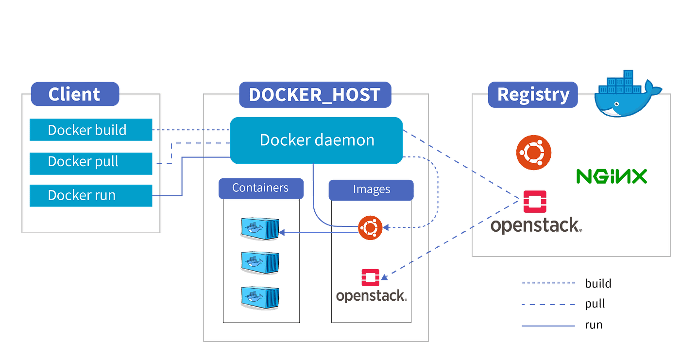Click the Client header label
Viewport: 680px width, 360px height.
coord(74,94)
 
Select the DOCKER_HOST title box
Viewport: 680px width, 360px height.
coord(314,95)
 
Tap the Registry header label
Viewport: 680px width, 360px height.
coord(533,94)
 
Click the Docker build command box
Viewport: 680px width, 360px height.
coord(91,130)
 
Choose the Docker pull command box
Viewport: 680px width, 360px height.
coord(91,162)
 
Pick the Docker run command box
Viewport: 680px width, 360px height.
coord(91,195)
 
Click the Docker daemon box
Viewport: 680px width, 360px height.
coord(316,140)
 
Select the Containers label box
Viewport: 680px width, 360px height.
coord(260,188)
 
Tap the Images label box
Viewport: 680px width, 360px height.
coord(371,190)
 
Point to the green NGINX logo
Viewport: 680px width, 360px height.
coord(611,176)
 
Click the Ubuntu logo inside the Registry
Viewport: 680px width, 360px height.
coord(533,152)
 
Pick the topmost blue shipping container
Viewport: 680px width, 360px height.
coord(260,228)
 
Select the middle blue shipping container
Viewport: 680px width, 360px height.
coord(260,261)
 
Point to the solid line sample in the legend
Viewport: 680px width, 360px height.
coord(548,326)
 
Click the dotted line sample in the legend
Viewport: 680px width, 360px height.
coord(548,283)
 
